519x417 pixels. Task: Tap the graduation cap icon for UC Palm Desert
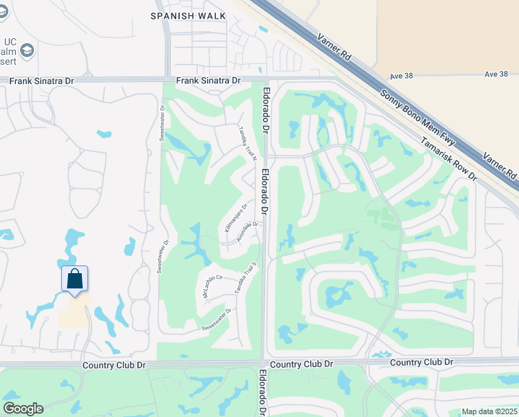tap(27, 50)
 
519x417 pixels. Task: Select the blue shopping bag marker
tap(74, 279)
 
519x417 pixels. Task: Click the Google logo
tap(23, 409)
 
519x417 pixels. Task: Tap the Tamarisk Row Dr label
tap(449, 158)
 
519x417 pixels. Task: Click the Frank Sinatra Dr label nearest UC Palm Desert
tap(41, 81)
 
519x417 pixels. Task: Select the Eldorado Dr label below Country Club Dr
tap(263, 393)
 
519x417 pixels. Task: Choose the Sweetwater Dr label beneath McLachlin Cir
tap(216, 319)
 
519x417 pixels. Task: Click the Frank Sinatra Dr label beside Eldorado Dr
tap(208, 81)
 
